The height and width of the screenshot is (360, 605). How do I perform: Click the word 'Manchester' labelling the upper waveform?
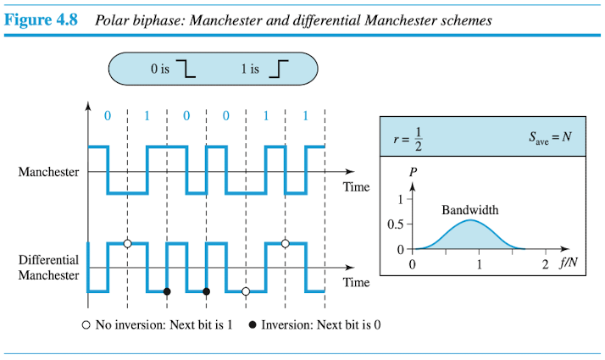[x=48, y=173]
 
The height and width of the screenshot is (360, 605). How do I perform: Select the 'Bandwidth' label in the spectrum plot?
[x=469, y=209]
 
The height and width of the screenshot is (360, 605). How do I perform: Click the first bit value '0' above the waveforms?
[x=108, y=116]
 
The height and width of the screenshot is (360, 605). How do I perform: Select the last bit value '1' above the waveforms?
[x=305, y=116]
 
